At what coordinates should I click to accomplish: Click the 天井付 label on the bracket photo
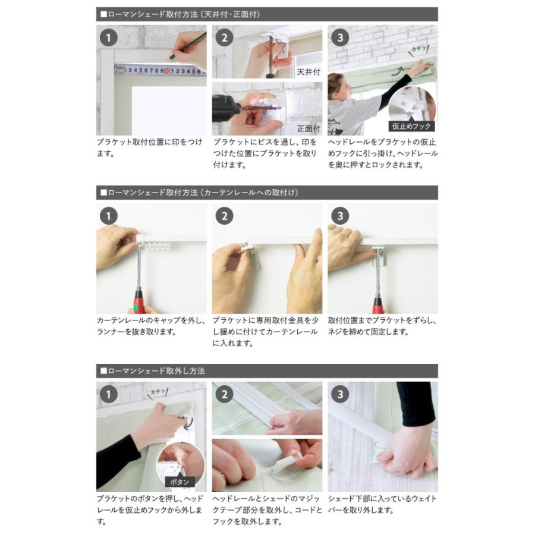tap(309, 72)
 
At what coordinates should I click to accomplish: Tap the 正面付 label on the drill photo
tap(309, 128)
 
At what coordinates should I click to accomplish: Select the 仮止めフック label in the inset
tap(411, 126)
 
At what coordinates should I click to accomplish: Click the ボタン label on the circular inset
tap(180, 481)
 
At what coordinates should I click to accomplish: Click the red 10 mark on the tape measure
tap(167, 71)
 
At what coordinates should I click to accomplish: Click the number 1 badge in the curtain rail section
tap(109, 216)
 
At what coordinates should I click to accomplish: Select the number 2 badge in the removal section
tap(224, 394)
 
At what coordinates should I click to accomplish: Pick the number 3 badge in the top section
tap(340, 37)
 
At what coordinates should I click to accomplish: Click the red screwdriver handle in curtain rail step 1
tap(139, 301)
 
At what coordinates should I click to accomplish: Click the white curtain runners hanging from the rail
tap(158, 245)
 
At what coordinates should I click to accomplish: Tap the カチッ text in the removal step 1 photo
tap(158, 392)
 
